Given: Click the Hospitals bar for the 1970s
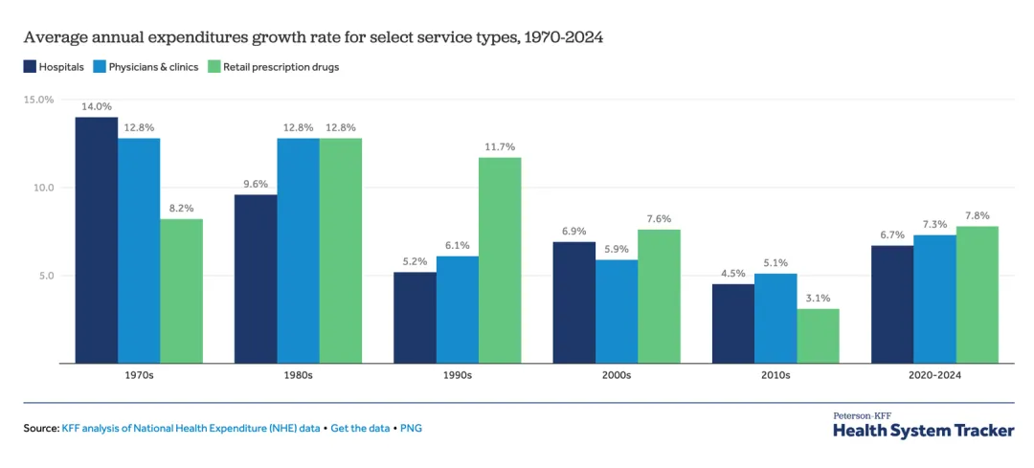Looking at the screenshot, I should (97, 240).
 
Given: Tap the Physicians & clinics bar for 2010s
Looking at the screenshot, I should (775, 319).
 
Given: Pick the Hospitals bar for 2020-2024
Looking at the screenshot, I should (891, 304).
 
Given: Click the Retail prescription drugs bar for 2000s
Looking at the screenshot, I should (659, 297).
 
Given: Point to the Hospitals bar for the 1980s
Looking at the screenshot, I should (256, 279).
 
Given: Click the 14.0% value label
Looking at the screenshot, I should (97, 106).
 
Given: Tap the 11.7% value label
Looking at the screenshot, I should (500, 146).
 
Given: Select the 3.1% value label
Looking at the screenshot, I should (818, 298).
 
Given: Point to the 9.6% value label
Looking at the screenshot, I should (256, 184).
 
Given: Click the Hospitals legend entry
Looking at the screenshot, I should (55, 67).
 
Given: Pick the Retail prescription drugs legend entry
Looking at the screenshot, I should (274, 67).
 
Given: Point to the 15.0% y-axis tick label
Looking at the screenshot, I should (38, 100).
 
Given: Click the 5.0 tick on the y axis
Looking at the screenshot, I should (44, 276).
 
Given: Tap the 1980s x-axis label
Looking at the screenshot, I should (298, 375).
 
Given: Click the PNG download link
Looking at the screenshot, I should (411, 428).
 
